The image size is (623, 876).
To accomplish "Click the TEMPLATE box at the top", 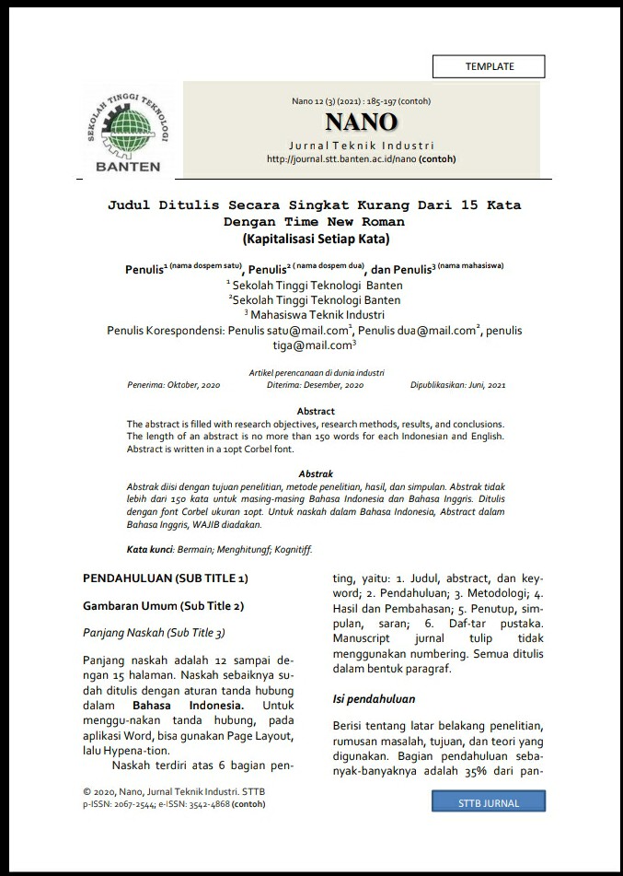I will (x=489, y=66).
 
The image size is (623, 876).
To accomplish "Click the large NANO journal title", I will (x=361, y=123).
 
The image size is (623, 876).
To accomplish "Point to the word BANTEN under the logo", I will (x=128, y=167).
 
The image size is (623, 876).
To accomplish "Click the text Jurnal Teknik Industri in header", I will (x=361, y=146).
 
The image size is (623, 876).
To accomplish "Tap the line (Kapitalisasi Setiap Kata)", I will (x=317, y=239).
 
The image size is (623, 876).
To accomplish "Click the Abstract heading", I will (x=316, y=411).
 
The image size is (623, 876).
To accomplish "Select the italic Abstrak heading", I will (x=316, y=473).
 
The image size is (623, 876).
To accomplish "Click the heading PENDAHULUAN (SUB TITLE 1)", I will (x=166, y=578).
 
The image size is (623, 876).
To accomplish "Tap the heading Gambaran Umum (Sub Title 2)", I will (x=164, y=606).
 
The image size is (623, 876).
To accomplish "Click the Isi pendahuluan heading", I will (x=374, y=699).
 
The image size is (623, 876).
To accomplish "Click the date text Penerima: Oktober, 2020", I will (x=174, y=384).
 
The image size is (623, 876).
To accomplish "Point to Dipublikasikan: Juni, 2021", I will (x=458, y=384).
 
